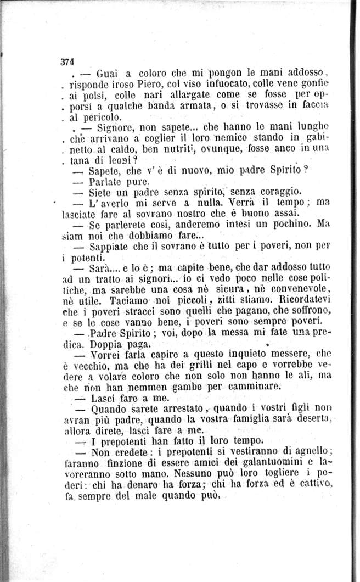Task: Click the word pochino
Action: [288, 224]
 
